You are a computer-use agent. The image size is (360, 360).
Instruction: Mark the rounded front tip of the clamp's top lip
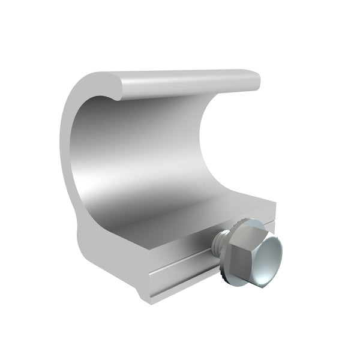tap(108, 85)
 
